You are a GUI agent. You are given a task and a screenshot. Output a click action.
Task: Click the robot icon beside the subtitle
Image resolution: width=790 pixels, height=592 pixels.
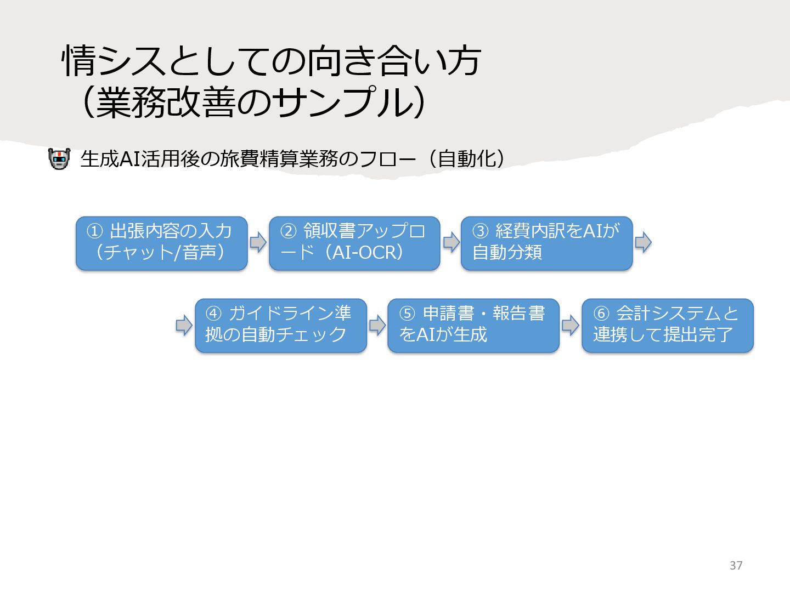point(59,159)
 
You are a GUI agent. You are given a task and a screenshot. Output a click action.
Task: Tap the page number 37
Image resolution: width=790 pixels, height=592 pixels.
point(736,565)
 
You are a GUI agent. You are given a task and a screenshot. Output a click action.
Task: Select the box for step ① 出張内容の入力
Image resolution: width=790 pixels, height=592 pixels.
point(161,243)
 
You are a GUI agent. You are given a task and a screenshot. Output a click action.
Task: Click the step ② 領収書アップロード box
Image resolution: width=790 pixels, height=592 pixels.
point(354,243)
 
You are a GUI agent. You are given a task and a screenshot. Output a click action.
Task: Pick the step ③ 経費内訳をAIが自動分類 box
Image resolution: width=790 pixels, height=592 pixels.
point(546,243)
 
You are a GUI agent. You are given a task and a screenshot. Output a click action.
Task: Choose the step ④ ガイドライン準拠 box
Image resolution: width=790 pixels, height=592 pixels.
point(280,325)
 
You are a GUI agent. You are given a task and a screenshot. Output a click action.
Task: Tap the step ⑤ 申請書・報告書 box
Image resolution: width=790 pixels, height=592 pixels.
point(473,325)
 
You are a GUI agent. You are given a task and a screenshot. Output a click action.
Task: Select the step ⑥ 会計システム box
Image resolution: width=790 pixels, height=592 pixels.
point(667,325)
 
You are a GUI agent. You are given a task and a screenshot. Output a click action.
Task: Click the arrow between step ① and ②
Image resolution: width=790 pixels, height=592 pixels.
point(258,242)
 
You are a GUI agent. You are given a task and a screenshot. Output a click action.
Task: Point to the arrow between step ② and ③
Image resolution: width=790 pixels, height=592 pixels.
point(451,242)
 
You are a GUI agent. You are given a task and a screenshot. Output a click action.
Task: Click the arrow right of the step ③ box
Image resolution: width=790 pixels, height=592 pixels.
point(643,242)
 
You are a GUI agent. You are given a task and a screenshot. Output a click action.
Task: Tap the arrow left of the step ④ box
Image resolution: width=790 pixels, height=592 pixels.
point(184,325)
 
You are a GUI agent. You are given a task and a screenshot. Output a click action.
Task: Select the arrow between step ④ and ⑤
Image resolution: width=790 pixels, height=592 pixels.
point(377,325)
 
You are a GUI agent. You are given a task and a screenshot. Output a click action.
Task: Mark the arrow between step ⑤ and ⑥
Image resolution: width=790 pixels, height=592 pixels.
point(570,325)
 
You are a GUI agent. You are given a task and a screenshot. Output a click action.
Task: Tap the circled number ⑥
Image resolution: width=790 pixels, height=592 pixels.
point(601,314)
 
